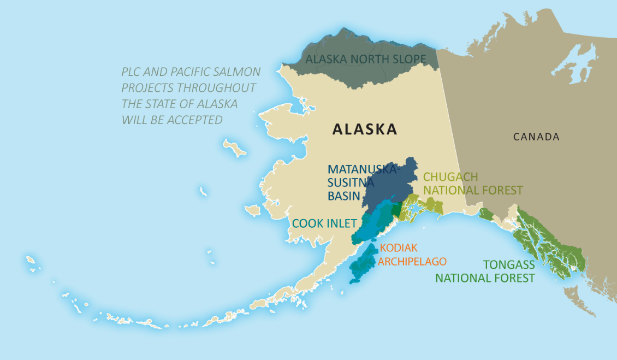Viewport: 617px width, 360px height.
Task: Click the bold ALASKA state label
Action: pos(365,129)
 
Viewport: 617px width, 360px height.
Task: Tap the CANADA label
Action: pos(536,137)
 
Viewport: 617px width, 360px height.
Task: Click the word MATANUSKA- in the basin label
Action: pos(364,169)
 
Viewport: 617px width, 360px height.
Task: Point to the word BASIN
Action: pos(344,196)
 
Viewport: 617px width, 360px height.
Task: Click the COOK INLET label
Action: pos(324,223)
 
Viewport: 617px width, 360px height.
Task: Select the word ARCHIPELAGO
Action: pos(412,261)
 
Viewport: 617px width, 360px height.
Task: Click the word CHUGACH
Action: pos(450,177)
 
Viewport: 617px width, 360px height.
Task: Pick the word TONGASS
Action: pos(509,265)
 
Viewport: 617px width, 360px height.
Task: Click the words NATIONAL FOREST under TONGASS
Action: pos(484,278)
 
